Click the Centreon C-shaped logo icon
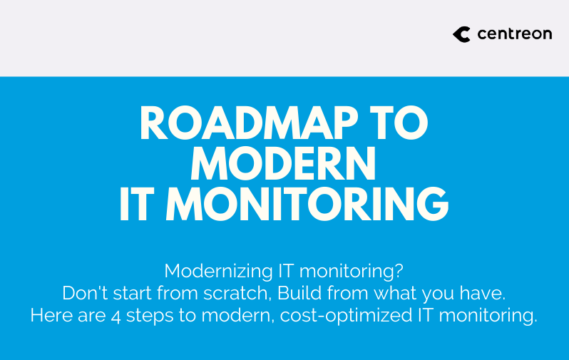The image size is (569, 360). pos(461,34)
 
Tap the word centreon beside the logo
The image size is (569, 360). pos(515,34)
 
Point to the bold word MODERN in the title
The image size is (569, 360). pos(283,164)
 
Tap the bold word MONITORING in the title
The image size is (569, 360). pos(308,205)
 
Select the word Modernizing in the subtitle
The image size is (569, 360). pos(218,271)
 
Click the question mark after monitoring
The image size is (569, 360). pos(399,270)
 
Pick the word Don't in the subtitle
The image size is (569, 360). pos(85,293)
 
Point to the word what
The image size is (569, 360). pos(395,293)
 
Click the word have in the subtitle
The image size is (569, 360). pos(482,293)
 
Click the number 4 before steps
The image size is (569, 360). pos(116,317)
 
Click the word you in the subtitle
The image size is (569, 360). pos(438,294)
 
